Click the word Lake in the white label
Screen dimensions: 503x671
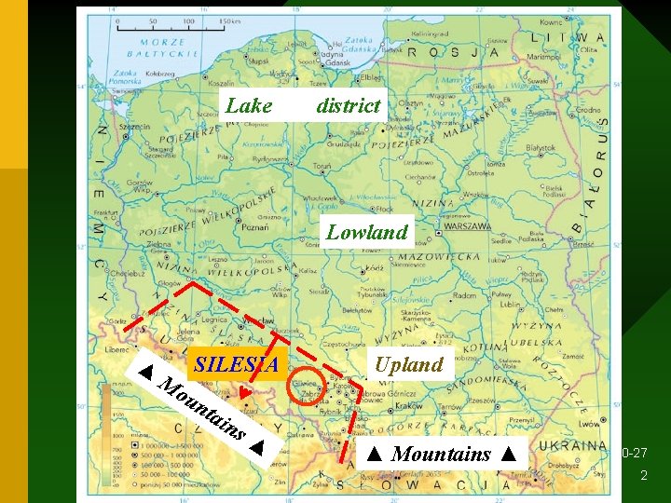(x=249, y=105)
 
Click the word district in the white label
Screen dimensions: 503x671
(x=349, y=105)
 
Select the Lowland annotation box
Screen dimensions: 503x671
(x=367, y=232)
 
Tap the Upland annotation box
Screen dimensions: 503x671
(x=409, y=364)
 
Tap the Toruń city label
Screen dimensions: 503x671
(x=322, y=166)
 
